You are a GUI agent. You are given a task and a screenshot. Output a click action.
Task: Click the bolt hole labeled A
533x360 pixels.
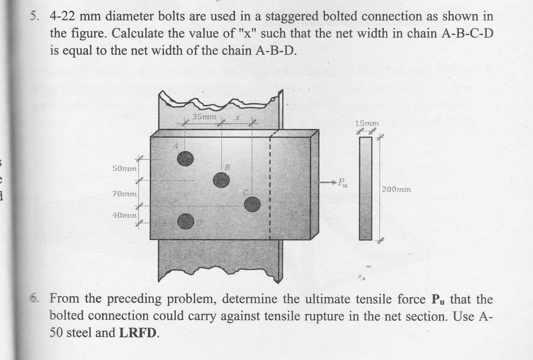186,157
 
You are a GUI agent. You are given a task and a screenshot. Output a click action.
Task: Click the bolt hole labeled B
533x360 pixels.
221,180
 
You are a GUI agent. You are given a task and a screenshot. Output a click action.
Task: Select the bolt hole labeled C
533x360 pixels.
252,203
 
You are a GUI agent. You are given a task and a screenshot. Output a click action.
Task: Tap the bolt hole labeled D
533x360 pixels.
186,221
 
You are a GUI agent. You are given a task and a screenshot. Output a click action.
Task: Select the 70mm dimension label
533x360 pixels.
125,194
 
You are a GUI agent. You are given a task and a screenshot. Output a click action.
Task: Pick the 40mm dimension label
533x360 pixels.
125,215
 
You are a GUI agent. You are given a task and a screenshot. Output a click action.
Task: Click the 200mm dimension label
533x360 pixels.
397,189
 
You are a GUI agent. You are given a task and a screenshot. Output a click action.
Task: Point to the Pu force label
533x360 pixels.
342,182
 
